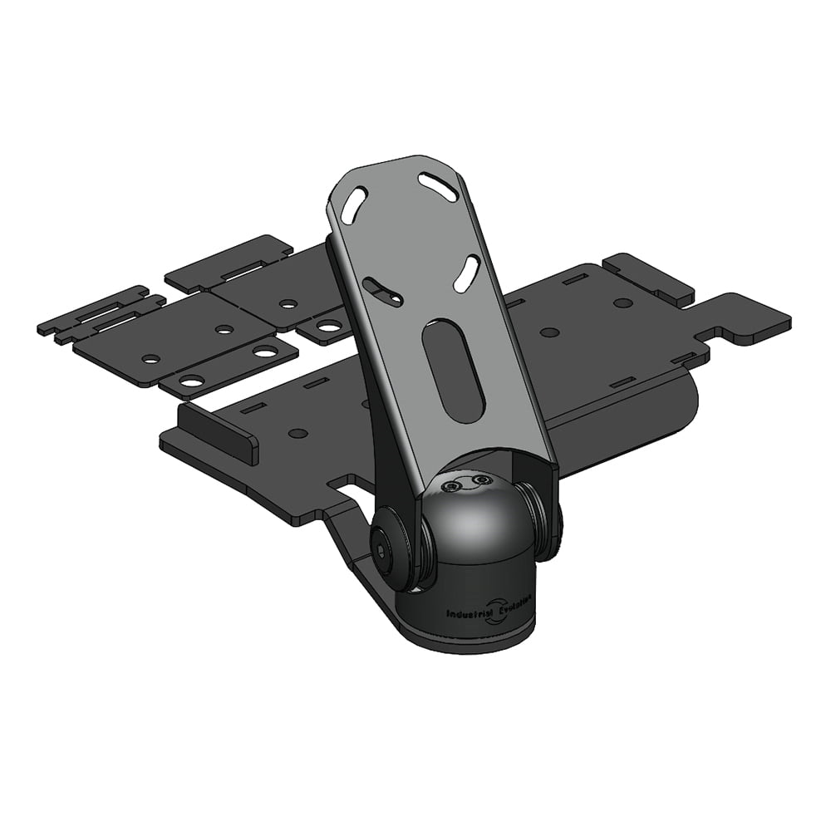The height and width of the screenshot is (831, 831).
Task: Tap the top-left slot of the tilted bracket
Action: (352, 204)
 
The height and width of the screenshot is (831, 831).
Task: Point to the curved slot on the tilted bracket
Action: (384, 291)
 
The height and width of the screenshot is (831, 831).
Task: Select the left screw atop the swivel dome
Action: (453, 488)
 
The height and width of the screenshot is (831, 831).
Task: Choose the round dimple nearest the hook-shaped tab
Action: (622, 302)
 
